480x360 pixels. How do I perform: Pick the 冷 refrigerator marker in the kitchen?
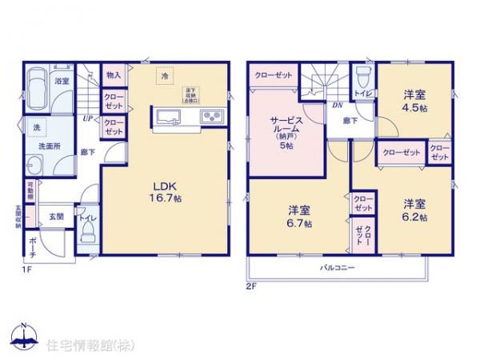164,77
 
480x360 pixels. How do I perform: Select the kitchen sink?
170,118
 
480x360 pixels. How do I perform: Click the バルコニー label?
339,266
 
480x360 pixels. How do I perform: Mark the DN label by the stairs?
338,106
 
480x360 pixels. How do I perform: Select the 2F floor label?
250,283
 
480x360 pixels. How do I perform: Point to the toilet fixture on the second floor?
362,77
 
